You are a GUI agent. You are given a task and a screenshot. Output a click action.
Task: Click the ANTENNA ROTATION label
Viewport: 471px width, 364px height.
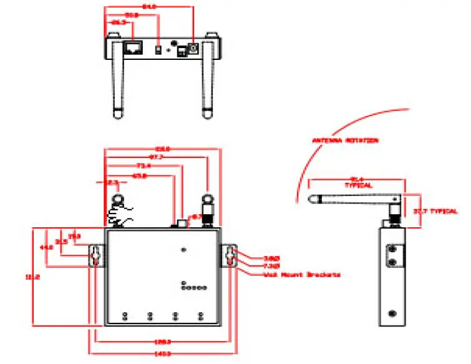tap(345, 141)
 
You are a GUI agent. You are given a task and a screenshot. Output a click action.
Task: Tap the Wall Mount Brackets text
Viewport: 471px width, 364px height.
tap(301, 275)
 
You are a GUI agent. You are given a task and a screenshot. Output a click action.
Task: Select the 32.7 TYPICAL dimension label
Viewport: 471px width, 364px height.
tap(435, 212)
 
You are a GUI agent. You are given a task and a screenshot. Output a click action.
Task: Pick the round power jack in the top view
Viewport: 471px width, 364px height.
tap(193, 48)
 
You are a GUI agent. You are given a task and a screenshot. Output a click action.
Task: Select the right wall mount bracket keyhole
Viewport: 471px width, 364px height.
tap(231, 255)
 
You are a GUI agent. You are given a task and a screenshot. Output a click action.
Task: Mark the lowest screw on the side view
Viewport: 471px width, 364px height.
tap(392, 313)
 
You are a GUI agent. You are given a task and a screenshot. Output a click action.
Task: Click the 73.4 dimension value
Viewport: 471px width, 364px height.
tap(143, 166)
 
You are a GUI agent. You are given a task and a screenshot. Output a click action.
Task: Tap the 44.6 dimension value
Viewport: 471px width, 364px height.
tap(46, 248)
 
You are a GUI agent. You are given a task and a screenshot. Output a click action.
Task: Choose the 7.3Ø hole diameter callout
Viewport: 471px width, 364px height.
tap(271, 266)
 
